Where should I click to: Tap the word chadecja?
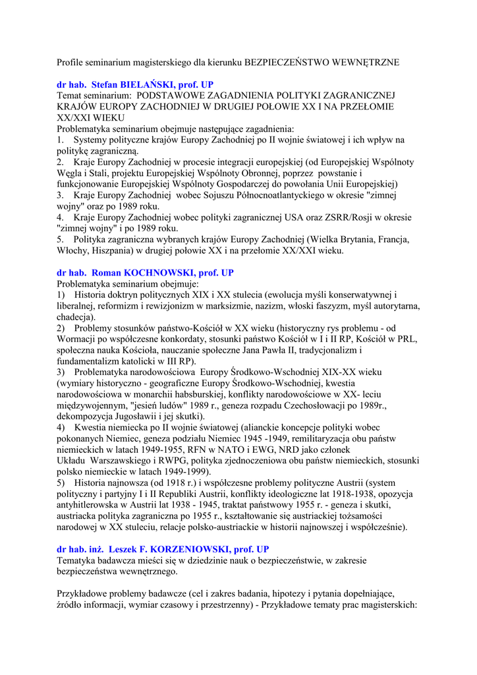coord(75,318)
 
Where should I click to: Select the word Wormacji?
coord(79,339)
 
